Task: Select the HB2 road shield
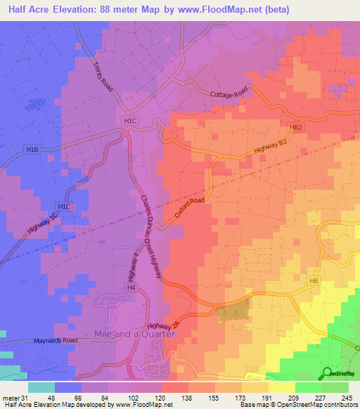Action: tap(295, 127)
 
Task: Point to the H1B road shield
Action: tap(32, 150)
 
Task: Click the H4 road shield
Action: tap(131, 287)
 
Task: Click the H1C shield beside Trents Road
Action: tap(130, 121)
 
